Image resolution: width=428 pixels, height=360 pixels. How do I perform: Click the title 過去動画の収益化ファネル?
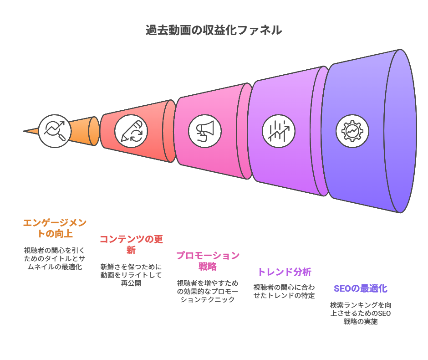tap(214, 31)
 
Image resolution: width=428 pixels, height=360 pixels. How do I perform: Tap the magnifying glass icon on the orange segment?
tap(55, 131)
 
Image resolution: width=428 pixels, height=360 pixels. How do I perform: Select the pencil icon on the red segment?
tap(131, 131)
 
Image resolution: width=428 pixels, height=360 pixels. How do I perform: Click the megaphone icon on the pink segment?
tap(205, 131)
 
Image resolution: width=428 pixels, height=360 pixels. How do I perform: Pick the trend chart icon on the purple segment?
tap(279, 131)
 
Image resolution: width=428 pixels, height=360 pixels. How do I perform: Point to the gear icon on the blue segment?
tap(352, 131)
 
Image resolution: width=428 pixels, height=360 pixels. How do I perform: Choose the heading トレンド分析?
tap(284, 272)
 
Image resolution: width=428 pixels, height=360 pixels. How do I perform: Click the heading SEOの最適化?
tap(360, 288)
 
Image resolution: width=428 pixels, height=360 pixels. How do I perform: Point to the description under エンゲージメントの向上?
tap(55, 258)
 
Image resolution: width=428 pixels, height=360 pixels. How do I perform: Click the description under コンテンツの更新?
tap(131, 275)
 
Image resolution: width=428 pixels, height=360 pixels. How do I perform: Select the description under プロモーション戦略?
tap(208, 291)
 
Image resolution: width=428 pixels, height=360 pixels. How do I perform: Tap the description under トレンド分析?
tap(284, 291)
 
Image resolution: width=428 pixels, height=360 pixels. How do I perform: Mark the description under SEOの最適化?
tap(360, 313)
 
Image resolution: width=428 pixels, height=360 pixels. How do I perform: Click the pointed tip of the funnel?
tap(25, 131)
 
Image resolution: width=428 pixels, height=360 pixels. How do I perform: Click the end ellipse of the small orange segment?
tap(94, 131)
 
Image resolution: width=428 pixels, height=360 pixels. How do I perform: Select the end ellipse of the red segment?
tap(169, 131)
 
